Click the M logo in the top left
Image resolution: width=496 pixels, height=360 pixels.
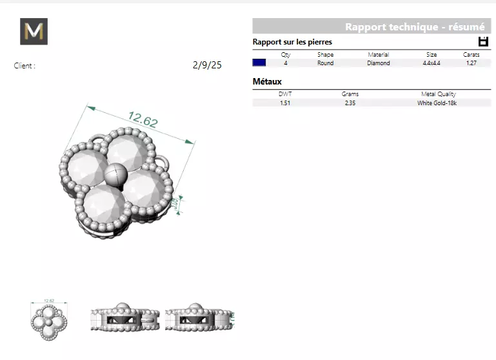(34, 32)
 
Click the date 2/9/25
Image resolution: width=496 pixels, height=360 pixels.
(207, 65)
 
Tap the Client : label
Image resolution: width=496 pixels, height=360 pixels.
(25, 66)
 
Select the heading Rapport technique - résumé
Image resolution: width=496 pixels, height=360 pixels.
(415, 27)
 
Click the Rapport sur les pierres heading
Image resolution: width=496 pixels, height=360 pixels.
(292, 42)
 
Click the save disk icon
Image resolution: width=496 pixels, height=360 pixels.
(483, 42)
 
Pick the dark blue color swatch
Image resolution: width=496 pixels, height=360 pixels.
(259, 63)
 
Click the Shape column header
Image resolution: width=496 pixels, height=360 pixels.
(325, 55)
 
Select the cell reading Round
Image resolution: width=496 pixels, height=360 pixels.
(325, 63)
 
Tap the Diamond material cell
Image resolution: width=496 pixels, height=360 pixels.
(378, 63)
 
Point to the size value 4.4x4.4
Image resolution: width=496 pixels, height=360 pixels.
(431, 63)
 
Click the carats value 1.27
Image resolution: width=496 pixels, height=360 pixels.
(471, 63)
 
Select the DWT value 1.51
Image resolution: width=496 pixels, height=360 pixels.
(284, 103)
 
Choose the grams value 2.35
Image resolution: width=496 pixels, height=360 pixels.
(350, 103)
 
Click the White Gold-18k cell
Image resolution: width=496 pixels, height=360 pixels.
(437, 103)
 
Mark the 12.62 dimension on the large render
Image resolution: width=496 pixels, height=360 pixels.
(143, 119)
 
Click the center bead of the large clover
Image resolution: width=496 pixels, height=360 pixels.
(114, 174)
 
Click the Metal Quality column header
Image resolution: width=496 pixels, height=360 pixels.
(438, 94)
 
